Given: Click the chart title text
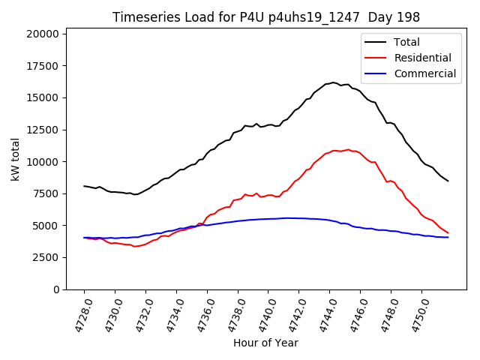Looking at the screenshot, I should (266, 17).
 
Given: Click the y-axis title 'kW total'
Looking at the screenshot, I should (15, 159).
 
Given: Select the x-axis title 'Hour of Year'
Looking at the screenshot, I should (265, 343).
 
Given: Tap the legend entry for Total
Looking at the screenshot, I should (406, 42).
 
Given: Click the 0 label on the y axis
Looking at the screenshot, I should (55, 289).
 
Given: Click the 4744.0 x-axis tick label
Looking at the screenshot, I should (324, 313).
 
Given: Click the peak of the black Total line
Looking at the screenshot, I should (334, 82).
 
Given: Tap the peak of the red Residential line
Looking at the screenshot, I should (348, 149).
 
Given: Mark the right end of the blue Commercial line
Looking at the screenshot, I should (448, 237).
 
